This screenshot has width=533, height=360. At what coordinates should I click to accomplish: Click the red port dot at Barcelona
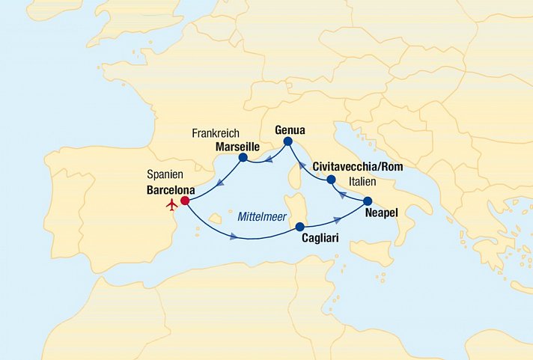click(184, 201)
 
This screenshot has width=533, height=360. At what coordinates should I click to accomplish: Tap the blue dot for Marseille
click(243, 158)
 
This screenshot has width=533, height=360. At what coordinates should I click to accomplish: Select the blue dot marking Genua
click(287, 141)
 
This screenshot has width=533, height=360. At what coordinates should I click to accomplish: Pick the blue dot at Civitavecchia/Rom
click(330, 180)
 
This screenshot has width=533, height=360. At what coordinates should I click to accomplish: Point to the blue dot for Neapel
click(368, 201)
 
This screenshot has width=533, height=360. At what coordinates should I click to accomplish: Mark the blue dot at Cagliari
click(299, 227)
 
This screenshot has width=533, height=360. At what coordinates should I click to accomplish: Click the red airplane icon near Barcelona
click(172, 204)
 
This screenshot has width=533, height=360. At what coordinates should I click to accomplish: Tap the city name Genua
click(290, 128)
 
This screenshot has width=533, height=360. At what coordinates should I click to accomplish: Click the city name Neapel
click(381, 213)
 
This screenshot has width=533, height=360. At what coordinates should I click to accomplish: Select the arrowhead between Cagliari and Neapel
click(338, 219)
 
